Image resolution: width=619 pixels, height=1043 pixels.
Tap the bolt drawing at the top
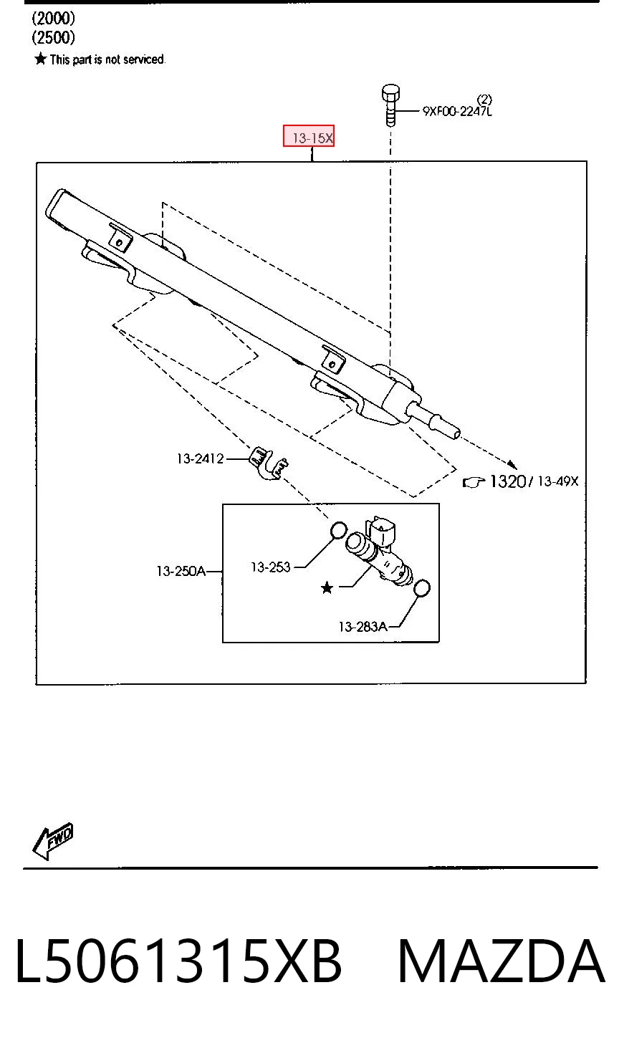click(x=390, y=105)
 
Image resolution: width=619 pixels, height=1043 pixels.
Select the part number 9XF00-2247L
click(x=457, y=111)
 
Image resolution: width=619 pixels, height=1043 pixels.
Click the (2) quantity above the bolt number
click(x=484, y=99)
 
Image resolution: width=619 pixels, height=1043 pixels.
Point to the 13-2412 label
click(x=201, y=458)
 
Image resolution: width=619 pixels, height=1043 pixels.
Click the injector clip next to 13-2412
click(x=269, y=463)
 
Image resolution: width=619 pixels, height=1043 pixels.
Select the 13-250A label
click(x=181, y=571)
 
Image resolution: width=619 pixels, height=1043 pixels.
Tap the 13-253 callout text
click(x=270, y=567)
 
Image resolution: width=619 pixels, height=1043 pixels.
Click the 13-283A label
click(x=363, y=627)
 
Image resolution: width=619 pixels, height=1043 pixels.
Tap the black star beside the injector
click(x=327, y=588)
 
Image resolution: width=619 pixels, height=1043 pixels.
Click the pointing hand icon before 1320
click(x=474, y=482)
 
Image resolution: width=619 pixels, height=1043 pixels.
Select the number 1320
click(x=508, y=481)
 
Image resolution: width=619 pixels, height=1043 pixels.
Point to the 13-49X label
click(x=558, y=481)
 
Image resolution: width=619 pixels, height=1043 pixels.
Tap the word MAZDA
click(x=502, y=962)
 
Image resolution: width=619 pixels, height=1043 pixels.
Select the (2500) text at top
click(x=53, y=38)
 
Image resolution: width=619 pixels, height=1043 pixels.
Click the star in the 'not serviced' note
click(x=41, y=59)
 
